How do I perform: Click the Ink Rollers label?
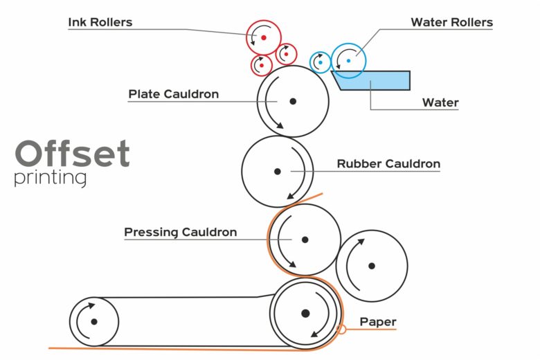[100, 22]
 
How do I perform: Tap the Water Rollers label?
[451, 22]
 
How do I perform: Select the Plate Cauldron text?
[173, 94]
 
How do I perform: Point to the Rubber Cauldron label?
[388, 164]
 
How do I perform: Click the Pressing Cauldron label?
[180, 233]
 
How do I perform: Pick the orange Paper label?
[378, 322]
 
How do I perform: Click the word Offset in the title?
[72, 154]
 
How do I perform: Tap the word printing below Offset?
[50, 178]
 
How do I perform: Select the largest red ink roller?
[263, 37]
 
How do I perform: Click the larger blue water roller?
[348, 61]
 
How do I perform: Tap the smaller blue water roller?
[321, 62]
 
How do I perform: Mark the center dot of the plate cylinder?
[293, 101]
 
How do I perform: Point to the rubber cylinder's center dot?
[277, 171]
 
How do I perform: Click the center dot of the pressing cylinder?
[305, 240]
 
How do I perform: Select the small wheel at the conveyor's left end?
[93, 321]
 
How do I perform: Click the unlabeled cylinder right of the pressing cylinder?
[372, 266]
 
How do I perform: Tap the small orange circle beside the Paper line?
[341, 330]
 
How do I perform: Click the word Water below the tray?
[440, 103]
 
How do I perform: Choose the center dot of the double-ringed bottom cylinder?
[305, 314]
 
